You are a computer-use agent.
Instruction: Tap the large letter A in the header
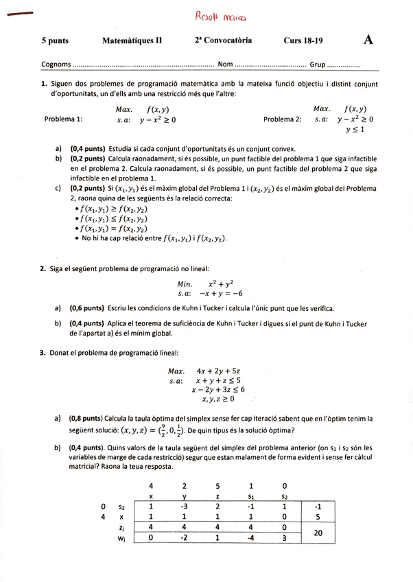368,40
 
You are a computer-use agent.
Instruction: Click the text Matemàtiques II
132,40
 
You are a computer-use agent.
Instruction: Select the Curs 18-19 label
303,40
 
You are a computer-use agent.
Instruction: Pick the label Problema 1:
63,119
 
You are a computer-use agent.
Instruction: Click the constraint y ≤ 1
355,129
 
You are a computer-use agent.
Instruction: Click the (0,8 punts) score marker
86,418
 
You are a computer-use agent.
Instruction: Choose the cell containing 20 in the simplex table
318,533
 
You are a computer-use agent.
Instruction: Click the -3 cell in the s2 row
184,507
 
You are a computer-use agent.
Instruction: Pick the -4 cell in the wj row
251,539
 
